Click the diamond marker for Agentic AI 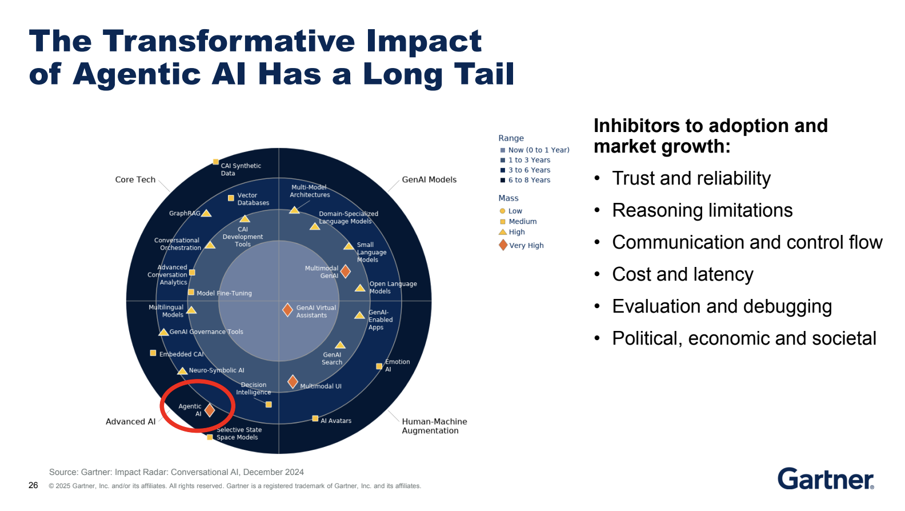point(209,410)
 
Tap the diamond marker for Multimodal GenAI point(345,272)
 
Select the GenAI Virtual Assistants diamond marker point(287,310)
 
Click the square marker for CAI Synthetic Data point(216,162)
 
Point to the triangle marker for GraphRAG point(206,213)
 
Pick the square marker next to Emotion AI point(379,366)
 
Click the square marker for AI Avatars point(315,418)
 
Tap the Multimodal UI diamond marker point(293,382)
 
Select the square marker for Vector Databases point(231,198)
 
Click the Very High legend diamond point(503,245)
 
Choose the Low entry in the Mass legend point(511,211)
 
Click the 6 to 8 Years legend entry point(525,180)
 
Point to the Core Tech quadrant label point(135,179)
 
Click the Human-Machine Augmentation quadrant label point(434,426)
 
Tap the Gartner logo point(826,479)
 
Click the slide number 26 point(33,485)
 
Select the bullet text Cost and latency point(682,274)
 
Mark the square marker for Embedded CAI point(153,353)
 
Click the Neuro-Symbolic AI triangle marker point(182,371)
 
